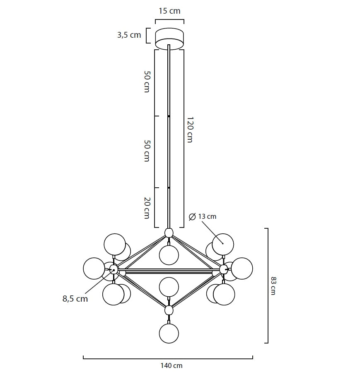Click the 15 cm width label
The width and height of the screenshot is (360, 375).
[x=169, y=11]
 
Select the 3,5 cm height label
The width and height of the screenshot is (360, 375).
[x=129, y=35]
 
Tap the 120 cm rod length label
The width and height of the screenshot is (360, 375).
[x=190, y=129]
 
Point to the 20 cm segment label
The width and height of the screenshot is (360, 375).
[x=146, y=208]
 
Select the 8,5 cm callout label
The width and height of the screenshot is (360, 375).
[x=75, y=298]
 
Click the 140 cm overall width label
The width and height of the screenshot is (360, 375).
[x=171, y=365]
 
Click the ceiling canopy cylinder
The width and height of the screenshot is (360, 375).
[x=169, y=39]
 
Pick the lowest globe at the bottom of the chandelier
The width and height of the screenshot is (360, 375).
[x=169, y=334]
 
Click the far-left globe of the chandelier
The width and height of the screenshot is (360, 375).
[x=94, y=268]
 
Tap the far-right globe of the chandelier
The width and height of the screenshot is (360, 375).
[x=242, y=268]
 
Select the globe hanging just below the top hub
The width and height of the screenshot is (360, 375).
[x=169, y=255]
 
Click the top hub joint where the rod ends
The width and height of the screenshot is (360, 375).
[x=169, y=233]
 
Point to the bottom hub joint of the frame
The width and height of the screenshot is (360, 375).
[x=169, y=310]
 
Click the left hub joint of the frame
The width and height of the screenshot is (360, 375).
[x=114, y=270]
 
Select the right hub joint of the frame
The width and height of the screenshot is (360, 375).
[x=224, y=269]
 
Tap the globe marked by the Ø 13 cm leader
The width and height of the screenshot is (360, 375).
[x=223, y=244]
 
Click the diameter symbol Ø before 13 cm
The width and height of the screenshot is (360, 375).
[x=192, y=217]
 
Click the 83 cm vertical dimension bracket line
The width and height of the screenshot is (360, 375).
[x=268, y=285]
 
